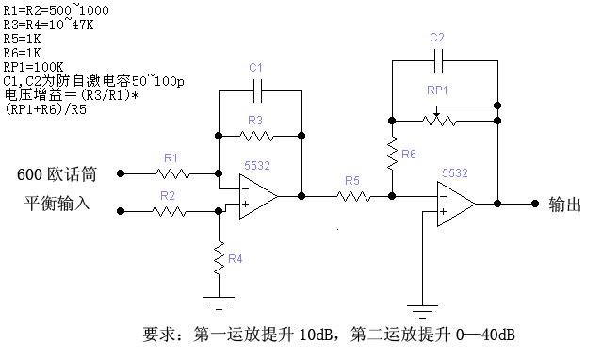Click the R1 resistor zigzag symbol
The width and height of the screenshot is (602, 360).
[x=172, y=174]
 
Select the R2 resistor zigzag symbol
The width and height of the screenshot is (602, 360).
[x=169, y=211]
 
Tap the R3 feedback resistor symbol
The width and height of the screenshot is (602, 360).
[x=256, y=136]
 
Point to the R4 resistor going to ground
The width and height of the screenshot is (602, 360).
[x=219, y=258]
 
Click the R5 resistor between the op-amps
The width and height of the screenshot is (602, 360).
[x=353, y=197]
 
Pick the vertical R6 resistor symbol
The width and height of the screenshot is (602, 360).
[x=392, y=154]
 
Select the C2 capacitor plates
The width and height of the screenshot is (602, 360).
[x=438, y=60]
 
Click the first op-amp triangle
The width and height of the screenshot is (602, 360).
[x=258, y=196]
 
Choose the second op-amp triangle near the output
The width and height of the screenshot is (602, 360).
[x=456, y=204]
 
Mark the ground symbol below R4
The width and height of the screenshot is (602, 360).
[x=219, y=303]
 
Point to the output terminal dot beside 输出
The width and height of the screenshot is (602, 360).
[x=535, y=204]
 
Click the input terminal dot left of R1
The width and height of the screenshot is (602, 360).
[x=121, y=173]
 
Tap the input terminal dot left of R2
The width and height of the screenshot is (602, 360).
[x=121, y=211]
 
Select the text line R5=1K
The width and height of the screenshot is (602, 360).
[x=22, y=39]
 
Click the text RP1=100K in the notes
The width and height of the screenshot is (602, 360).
[x=33, y=67]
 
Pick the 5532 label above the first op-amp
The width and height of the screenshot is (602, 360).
[x=257, y=166]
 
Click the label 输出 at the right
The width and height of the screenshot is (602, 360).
[x=564, y=204]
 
